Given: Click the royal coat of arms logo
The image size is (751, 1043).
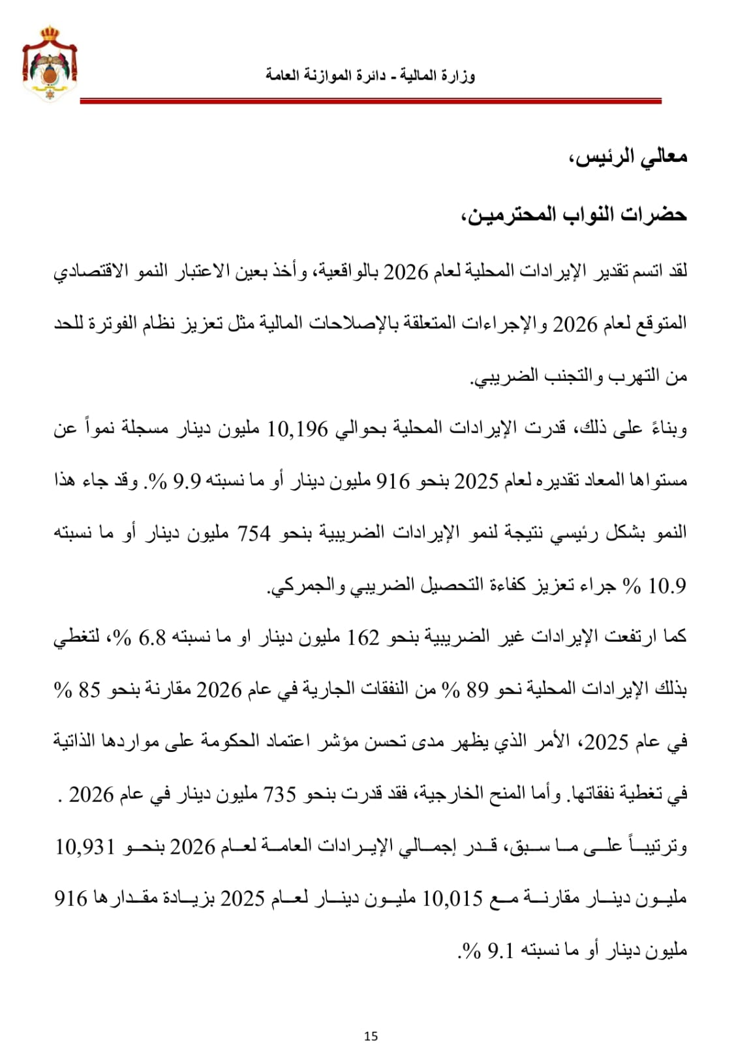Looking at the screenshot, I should (x=50, y=63).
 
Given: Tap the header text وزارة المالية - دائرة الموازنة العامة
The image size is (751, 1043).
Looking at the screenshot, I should (x=370, y=75).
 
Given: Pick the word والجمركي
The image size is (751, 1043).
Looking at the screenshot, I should (x=301, y=586).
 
